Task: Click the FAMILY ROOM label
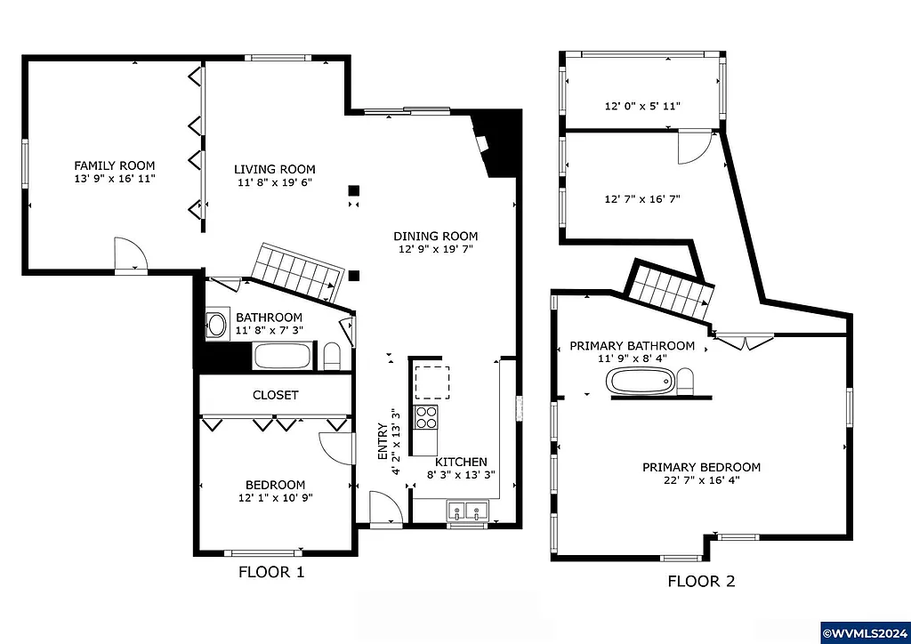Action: coord(114,165)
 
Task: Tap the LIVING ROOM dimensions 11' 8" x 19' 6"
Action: coord(274,182)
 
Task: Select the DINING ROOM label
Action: coord(436,236)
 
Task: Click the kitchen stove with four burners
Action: coord(426,417)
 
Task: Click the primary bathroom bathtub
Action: coord(641,382)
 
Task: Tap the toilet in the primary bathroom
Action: coord(686,383)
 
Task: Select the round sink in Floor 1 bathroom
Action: coord(216,324)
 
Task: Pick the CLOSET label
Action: coord(276,395)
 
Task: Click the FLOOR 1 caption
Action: coord(271,572)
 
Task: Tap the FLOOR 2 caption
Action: coord(701,582)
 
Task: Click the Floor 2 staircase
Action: coord(672,292)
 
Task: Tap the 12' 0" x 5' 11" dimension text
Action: coord(642,106)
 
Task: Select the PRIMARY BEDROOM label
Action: coord(701,467)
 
